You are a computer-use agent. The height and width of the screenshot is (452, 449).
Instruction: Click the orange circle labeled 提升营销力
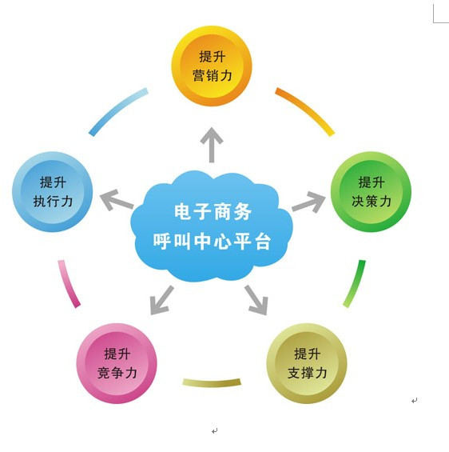pos(212,66)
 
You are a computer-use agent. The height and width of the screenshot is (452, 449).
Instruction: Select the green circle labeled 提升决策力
pos(371,192)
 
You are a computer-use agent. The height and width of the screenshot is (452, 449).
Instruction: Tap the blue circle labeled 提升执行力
pos(53,192)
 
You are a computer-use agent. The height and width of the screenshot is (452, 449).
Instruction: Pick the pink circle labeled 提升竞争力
pos(117,363)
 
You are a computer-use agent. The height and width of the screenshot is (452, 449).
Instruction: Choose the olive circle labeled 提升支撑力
pos(307,363)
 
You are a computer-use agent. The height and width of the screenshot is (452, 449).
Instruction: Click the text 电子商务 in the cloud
pos(213,211)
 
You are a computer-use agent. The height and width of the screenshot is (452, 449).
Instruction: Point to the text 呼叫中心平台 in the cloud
pos(213,241)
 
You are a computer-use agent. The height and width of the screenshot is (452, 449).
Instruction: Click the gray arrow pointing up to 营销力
pos(212,145)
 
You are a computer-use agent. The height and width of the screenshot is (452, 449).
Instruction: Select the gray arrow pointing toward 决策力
pos(309,202)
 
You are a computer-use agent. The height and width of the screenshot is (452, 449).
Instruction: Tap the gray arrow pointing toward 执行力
pos(117,199)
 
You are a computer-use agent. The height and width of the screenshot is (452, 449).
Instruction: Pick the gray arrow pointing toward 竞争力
pos(161,300)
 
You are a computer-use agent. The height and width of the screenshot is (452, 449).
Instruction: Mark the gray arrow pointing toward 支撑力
pos(256,300)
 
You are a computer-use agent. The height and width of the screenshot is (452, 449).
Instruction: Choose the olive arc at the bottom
pos(212,383)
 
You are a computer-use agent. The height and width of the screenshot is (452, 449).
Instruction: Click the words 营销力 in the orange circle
pos(213,75)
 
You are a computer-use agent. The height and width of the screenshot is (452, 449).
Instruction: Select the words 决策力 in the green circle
pos(372,201)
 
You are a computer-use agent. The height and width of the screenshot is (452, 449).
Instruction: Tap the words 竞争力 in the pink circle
pos(117,373)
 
